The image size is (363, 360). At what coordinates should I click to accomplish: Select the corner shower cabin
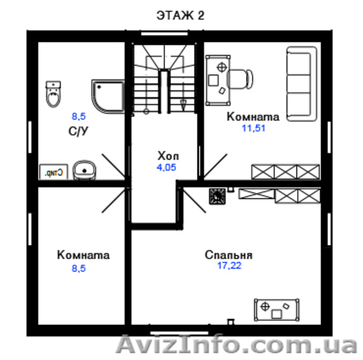(x=108, y=97)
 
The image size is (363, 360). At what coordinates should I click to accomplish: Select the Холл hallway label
(x=166, y=155)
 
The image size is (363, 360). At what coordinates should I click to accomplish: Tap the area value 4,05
(x=166, y=167)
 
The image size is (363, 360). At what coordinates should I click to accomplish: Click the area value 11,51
(x=254, y=128)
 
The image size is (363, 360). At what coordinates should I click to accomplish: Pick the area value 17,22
(x=229, y=265)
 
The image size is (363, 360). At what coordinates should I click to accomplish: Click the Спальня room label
(x=228, y=254)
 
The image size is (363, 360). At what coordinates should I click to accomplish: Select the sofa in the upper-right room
(x=300, y=85)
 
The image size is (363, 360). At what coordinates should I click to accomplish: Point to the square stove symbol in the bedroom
(x=217, y=195)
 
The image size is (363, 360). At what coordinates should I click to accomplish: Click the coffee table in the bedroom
(x=277, y=308)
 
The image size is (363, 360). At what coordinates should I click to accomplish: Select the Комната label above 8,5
(x=83, y=255)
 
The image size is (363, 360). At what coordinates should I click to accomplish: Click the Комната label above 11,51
(x=254, y=116)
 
